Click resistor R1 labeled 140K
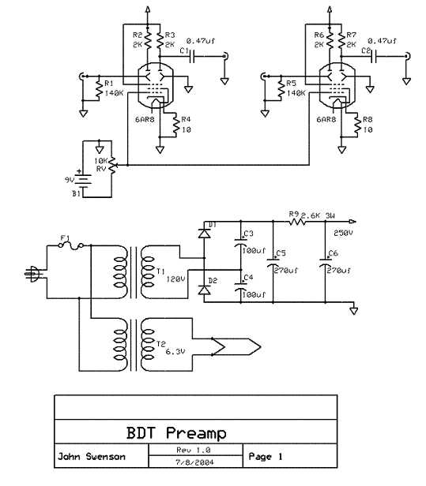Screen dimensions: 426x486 (99, 88)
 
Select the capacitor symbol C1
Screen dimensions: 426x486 (193, 57)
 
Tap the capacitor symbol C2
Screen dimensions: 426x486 (374, 57)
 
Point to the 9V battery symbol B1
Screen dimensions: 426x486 (83, 181)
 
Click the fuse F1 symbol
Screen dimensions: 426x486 (71, 246)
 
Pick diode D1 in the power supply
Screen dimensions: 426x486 (204, 234)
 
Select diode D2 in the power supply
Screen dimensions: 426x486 (204, 290)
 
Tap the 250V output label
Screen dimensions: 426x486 (343, 233)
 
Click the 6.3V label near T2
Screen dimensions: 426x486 (175, 352)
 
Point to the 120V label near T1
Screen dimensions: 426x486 (176, 279)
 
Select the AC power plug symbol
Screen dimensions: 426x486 (32, 274)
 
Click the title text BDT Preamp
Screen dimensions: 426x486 (176, 433)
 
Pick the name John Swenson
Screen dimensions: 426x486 (92, 457)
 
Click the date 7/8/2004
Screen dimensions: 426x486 (194, 462)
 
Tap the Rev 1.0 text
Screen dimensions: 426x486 (194, 450)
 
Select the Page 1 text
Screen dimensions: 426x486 (266, 457)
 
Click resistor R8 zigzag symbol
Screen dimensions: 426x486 (357, 125)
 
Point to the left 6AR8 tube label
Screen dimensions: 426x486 (145, 120)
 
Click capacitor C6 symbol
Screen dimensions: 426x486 (325, 262)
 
